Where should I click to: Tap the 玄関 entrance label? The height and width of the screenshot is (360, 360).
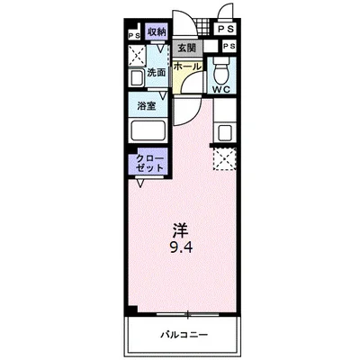pyautogui.click(x=186, y=49)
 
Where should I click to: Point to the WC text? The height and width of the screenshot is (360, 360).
pyautogui.click(x=221, y=90)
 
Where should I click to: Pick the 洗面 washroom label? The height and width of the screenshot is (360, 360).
pyautogui.click(x=157, y=72)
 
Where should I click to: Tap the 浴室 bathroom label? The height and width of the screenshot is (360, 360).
pyautogui.click(x=148, y=106)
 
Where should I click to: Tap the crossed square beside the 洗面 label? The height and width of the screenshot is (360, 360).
pyautogui.click(x=136, y=56)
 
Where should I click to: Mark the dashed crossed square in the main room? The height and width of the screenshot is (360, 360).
pyautogui.click(x=223, y=159)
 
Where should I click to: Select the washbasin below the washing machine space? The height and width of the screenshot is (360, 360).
pyautogui.click(x=136, y=77)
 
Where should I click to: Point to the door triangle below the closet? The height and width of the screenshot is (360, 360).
pyautogui.click(x=142, y=185)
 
